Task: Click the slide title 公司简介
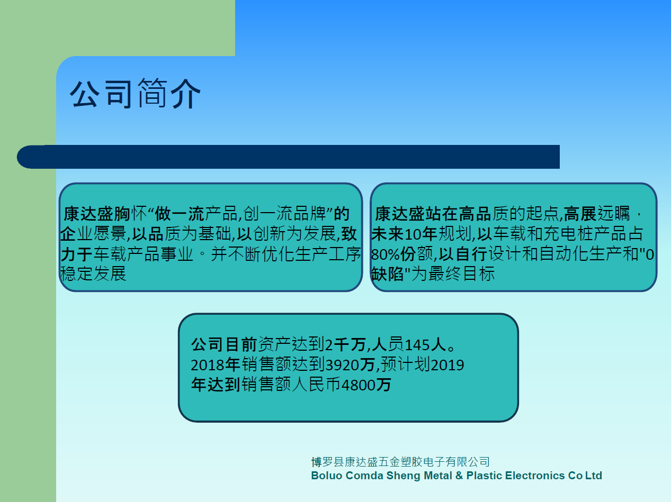click(x=135, y=94)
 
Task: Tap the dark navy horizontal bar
click(x=288, y=157)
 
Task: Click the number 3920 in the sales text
click(x=342, y=365)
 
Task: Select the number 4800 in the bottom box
click(x=359, y=385)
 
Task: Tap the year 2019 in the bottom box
click(x=447, y=365)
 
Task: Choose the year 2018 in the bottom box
click(x=208, y=365)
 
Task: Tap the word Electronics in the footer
click(x=535, y=476)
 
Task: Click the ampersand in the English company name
click(x=459, y=476)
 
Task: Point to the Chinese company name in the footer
click(x=400, y=462)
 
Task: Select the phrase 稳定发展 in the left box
click(x=93, y=273)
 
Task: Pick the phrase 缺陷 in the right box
click(x=387, y=274)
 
